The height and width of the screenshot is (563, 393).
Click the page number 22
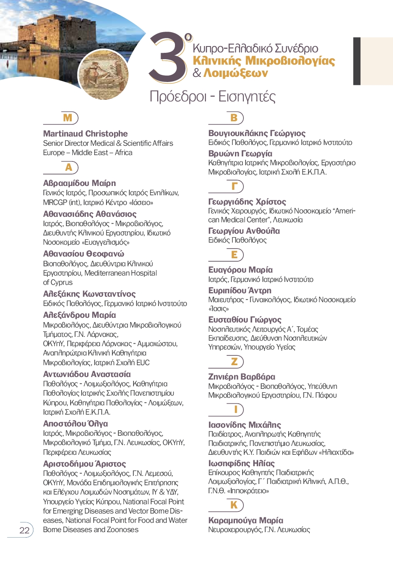(25, 530)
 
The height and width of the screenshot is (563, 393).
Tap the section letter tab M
(68, 118)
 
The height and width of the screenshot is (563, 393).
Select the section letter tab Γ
(234, 186)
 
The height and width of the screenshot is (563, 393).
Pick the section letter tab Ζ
(234, 361)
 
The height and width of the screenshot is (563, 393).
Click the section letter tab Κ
(234, 505)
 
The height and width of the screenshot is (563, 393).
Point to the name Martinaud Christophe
(85, 134)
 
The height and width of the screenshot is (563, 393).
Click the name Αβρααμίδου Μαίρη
(79, 183)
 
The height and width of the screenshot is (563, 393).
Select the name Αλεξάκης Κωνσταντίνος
(89, 294)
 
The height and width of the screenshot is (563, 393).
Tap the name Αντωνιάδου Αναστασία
(87, 374)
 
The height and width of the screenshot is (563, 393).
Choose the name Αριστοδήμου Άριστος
(85, 464)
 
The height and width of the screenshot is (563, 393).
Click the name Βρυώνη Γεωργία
(240, 153)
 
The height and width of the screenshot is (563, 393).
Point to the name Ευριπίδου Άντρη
(240, 290)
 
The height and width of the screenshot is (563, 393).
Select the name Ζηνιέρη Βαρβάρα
(241, 377)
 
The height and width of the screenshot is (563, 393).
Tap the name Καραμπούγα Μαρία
(246, 520)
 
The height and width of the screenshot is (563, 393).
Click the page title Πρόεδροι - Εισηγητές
(213, 97)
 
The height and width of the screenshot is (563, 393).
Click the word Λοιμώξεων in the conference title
(235, 73)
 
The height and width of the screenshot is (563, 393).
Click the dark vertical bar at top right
(357, 61)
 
